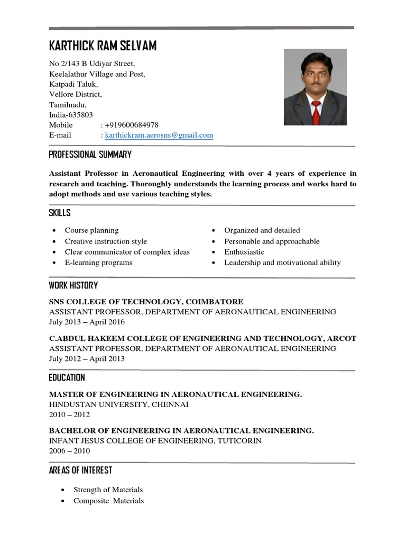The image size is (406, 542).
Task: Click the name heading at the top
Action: click(x=103, y=46)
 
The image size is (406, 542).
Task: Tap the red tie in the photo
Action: click(x=316, y=111)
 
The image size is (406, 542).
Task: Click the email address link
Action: click(x=159, y=135)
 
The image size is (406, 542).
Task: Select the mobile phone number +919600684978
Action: click(x=132, y=125)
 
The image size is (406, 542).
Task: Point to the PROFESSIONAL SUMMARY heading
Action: click(x=90, y=155)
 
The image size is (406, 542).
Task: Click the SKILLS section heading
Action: click(x=59, y=213)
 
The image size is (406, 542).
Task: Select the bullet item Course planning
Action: click(x=91, y=230)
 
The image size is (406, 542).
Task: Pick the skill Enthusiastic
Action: click(x=244, y=252)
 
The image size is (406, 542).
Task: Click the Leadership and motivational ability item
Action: click(x=282, y=263)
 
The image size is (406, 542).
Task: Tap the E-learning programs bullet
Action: click(x=98, y=263)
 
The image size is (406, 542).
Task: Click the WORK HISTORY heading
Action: click(x=73, y=285)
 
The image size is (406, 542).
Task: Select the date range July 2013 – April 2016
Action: click(x=87, y=322)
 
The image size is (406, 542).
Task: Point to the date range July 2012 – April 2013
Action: click(x=87, y=358)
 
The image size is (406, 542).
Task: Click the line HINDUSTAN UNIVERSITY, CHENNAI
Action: click(x=118, y=404)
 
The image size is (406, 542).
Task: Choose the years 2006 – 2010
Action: click(x=69, y=451)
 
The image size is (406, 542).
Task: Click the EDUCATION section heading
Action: click(x=67, y=377)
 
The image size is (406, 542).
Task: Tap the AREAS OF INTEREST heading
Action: click(x=80, y=470)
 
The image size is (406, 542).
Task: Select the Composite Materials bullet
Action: click(x=108, y=501)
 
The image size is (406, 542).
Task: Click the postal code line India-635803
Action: click(x=71, y=115)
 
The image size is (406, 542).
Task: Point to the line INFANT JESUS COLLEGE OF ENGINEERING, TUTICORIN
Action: click(x=155, y=440)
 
